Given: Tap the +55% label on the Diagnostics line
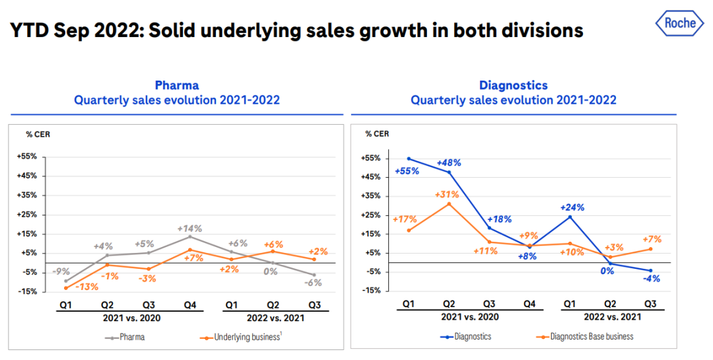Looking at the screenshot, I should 406,172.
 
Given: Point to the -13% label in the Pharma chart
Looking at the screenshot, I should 86,287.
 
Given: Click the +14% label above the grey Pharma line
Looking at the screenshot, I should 190,229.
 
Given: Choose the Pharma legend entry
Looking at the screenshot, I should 125,337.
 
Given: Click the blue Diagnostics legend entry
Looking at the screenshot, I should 466,336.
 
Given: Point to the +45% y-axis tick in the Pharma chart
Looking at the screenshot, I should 28,176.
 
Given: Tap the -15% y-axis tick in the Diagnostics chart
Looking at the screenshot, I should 370,290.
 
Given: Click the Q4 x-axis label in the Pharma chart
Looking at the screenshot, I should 190,305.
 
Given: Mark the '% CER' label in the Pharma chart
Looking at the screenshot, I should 38,134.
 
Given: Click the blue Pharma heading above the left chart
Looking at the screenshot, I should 176,85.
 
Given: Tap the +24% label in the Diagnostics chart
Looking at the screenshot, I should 571,207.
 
